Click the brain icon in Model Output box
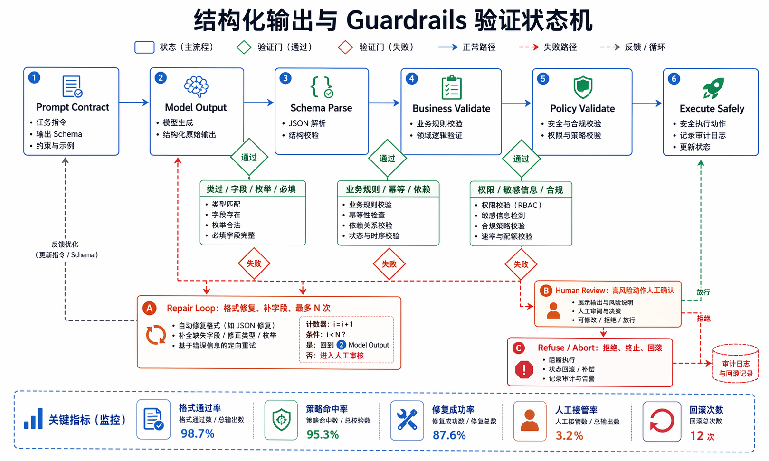pyautogui.click(x=196, y=87)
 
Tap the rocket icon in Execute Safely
pyautogui.click(x=712, y=88)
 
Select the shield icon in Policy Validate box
pyautogui.click(x=583, y=87)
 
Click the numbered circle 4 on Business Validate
pyautogui.click(x=412, y=79)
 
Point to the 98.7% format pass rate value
pyautogui.click(x=198, y=433)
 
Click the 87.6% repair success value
pyautogui.click(x=449, y=435)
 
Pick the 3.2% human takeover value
pyautogui.click(x=570, y=435)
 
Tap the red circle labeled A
pyautogui.click(x=150, y=309)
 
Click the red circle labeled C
pyautogui.click(x=519, y=348)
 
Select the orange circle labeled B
pyautogui.click(x=546, y=291)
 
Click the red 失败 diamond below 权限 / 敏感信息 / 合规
pyautogui.click(x=521, y=264)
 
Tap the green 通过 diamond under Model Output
pyautogui.click(x=249, y=158)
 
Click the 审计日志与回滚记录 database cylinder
pyautogui.click(x=735, y=364)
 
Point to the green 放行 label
pyautogui.click(x=703, y=292)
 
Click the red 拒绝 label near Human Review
pyautogui.click(x=703, y=319)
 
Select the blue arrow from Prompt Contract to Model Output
pyautogui.click(x=134, y=102)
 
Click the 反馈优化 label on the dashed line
pyautogui.click(x=65, y=245)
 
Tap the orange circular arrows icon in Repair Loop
pyautogui.click(x=156, y=335)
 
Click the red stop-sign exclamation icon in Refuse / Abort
pyautogui.click(x=524, y=369)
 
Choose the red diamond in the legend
pyautogui.click(x=345, y=47)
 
